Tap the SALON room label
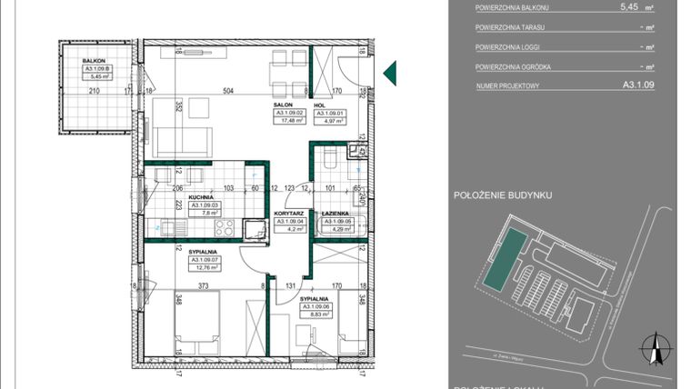coord(282,105)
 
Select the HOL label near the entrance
coord(319,105)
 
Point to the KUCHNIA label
coord(201,197)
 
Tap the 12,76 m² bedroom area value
coord(202,268)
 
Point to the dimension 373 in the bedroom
coord(204,285)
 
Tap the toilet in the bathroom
coord(331,160)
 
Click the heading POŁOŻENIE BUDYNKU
coord(502,194)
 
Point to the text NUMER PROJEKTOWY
coord(507,86)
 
